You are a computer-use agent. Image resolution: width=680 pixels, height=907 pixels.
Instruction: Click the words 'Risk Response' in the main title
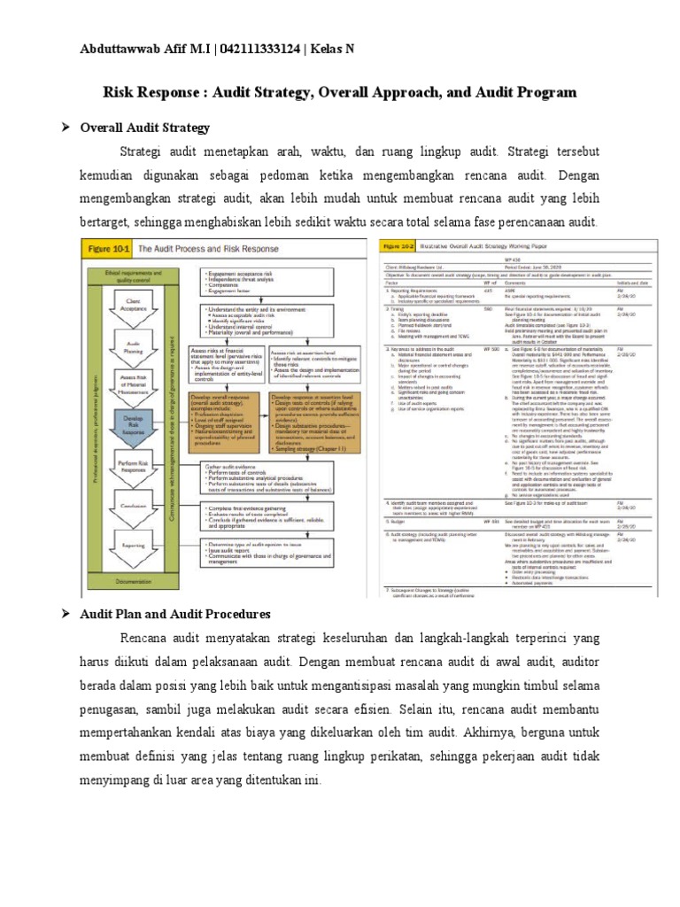pyautogui.click(x=150, y=92)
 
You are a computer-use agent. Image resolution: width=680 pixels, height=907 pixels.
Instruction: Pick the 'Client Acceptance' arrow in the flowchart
pyautogui.click(x=135, y=307)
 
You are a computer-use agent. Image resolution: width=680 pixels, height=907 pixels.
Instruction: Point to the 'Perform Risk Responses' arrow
pyautogui.click(x=135, y=464)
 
